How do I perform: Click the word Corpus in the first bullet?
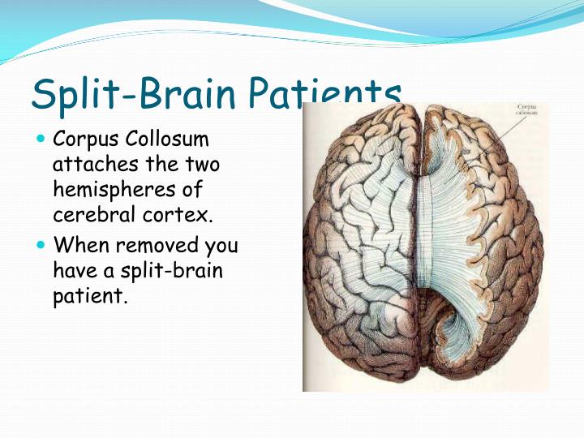(79, 140)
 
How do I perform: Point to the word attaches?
(86, 165)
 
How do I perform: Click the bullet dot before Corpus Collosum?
(42, 140)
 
